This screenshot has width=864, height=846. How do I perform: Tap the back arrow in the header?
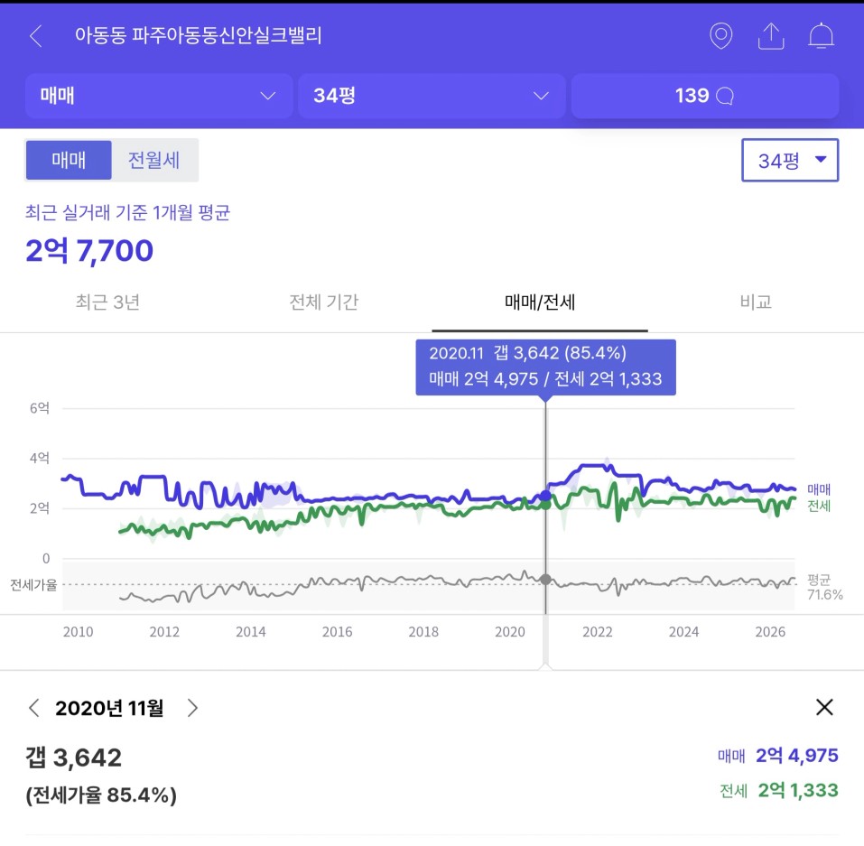pos(36,36)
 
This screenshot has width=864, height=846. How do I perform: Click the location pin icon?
pos(720,36)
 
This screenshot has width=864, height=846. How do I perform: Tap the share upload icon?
pos(771,36)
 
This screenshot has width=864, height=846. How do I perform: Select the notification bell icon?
pos(821,36)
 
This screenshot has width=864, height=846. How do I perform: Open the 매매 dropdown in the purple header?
pos(159,96)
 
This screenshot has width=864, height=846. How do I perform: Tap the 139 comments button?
pos(705,96)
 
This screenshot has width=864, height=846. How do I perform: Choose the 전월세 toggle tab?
pos(153,161)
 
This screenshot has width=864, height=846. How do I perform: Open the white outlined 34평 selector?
pos(790,161)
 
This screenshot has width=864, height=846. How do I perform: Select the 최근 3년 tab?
pos(107,302)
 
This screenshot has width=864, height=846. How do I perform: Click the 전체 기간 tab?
pos(324,302)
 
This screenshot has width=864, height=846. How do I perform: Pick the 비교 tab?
pos(756,302)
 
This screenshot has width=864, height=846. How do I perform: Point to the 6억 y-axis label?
pos(40,408)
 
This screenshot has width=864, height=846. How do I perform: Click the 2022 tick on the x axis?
pos(598,632)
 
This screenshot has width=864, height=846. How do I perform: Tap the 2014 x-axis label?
pos(251,632)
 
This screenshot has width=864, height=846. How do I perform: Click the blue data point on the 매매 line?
pos(545,496)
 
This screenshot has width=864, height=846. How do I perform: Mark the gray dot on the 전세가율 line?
pos(545,580)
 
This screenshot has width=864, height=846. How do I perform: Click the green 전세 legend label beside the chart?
pos(819,506)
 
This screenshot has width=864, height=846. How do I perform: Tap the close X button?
pos(824,707)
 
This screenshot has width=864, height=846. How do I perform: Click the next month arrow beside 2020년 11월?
pos(192,708)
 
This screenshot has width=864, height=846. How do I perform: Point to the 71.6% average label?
pos(825,595)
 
